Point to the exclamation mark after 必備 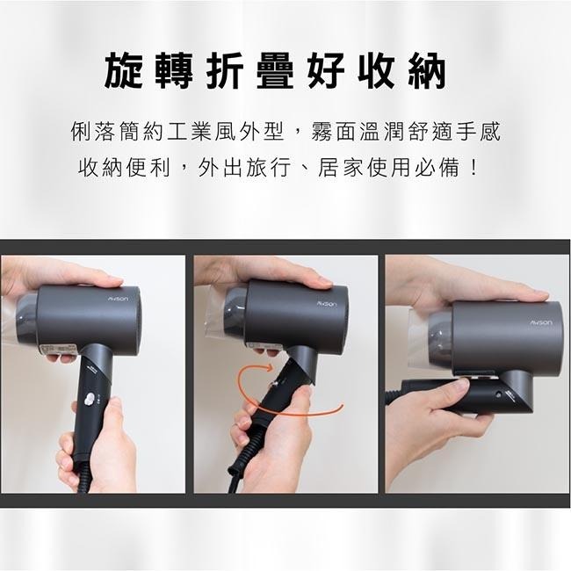[x=475, y=167]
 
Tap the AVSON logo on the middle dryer [x=327, y=302]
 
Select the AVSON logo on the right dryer [x=540, y=323]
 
